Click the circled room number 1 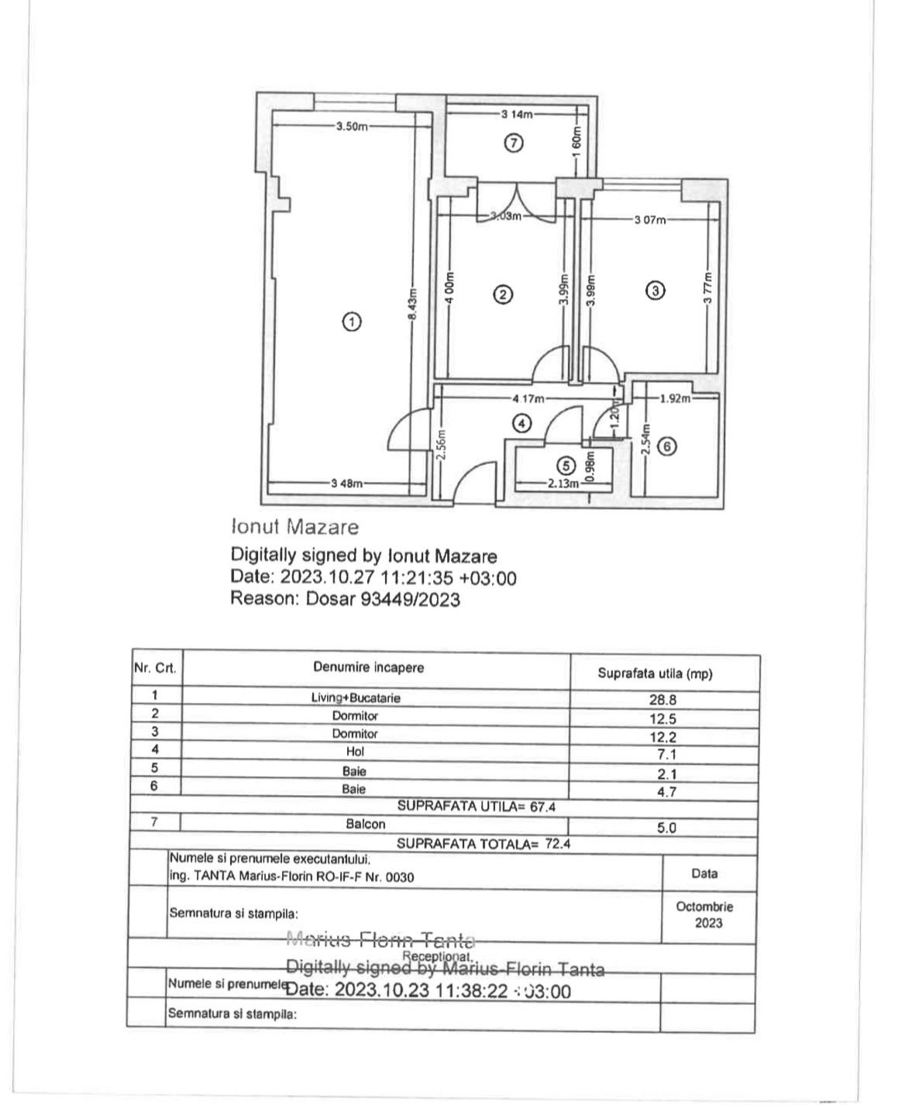tap(352, 322)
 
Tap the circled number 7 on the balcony tap(514, 143)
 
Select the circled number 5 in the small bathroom tap(566, 465)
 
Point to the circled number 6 tap(667, 446)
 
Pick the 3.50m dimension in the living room tap(352, 126)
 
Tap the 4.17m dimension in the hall tap(528, 399)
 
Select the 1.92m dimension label tap(674, 399)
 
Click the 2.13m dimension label tap(563, 484)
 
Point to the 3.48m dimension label tap(346, 484)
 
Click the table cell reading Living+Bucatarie tap(356, 697)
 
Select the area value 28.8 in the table tap(662, 699)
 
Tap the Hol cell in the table tap(356, 752)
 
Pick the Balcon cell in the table tap(366, 824)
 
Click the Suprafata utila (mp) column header tap(655, 673)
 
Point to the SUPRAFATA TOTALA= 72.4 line tap(483, 844)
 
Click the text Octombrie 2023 tap(704, 914)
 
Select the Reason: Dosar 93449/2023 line tap(346, 599)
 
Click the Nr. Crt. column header tap(156, 668)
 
